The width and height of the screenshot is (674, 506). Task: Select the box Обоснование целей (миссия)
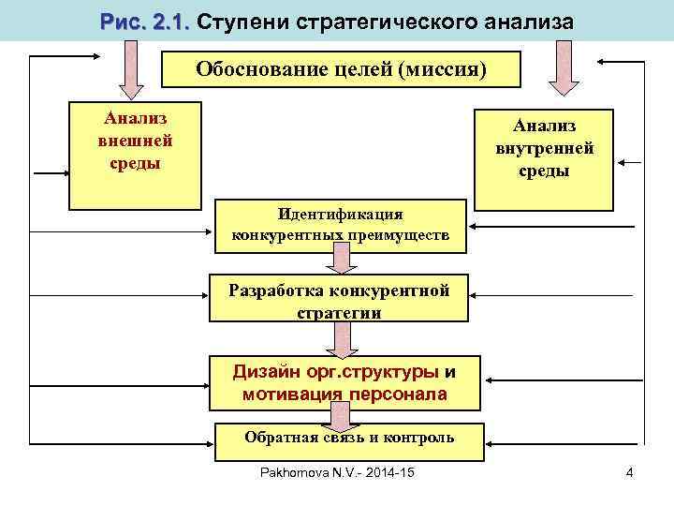click(x=342, y=69)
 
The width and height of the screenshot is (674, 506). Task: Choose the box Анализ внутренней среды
click(x=544, y=159)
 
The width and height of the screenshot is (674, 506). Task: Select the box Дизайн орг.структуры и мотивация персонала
click(x=344, y=382)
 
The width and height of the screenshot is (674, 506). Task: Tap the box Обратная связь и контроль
click(x=348, y=439)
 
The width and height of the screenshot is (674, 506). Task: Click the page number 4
click(x=630, y=471)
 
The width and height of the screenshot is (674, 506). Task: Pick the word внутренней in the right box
click(x=544, y=148)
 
